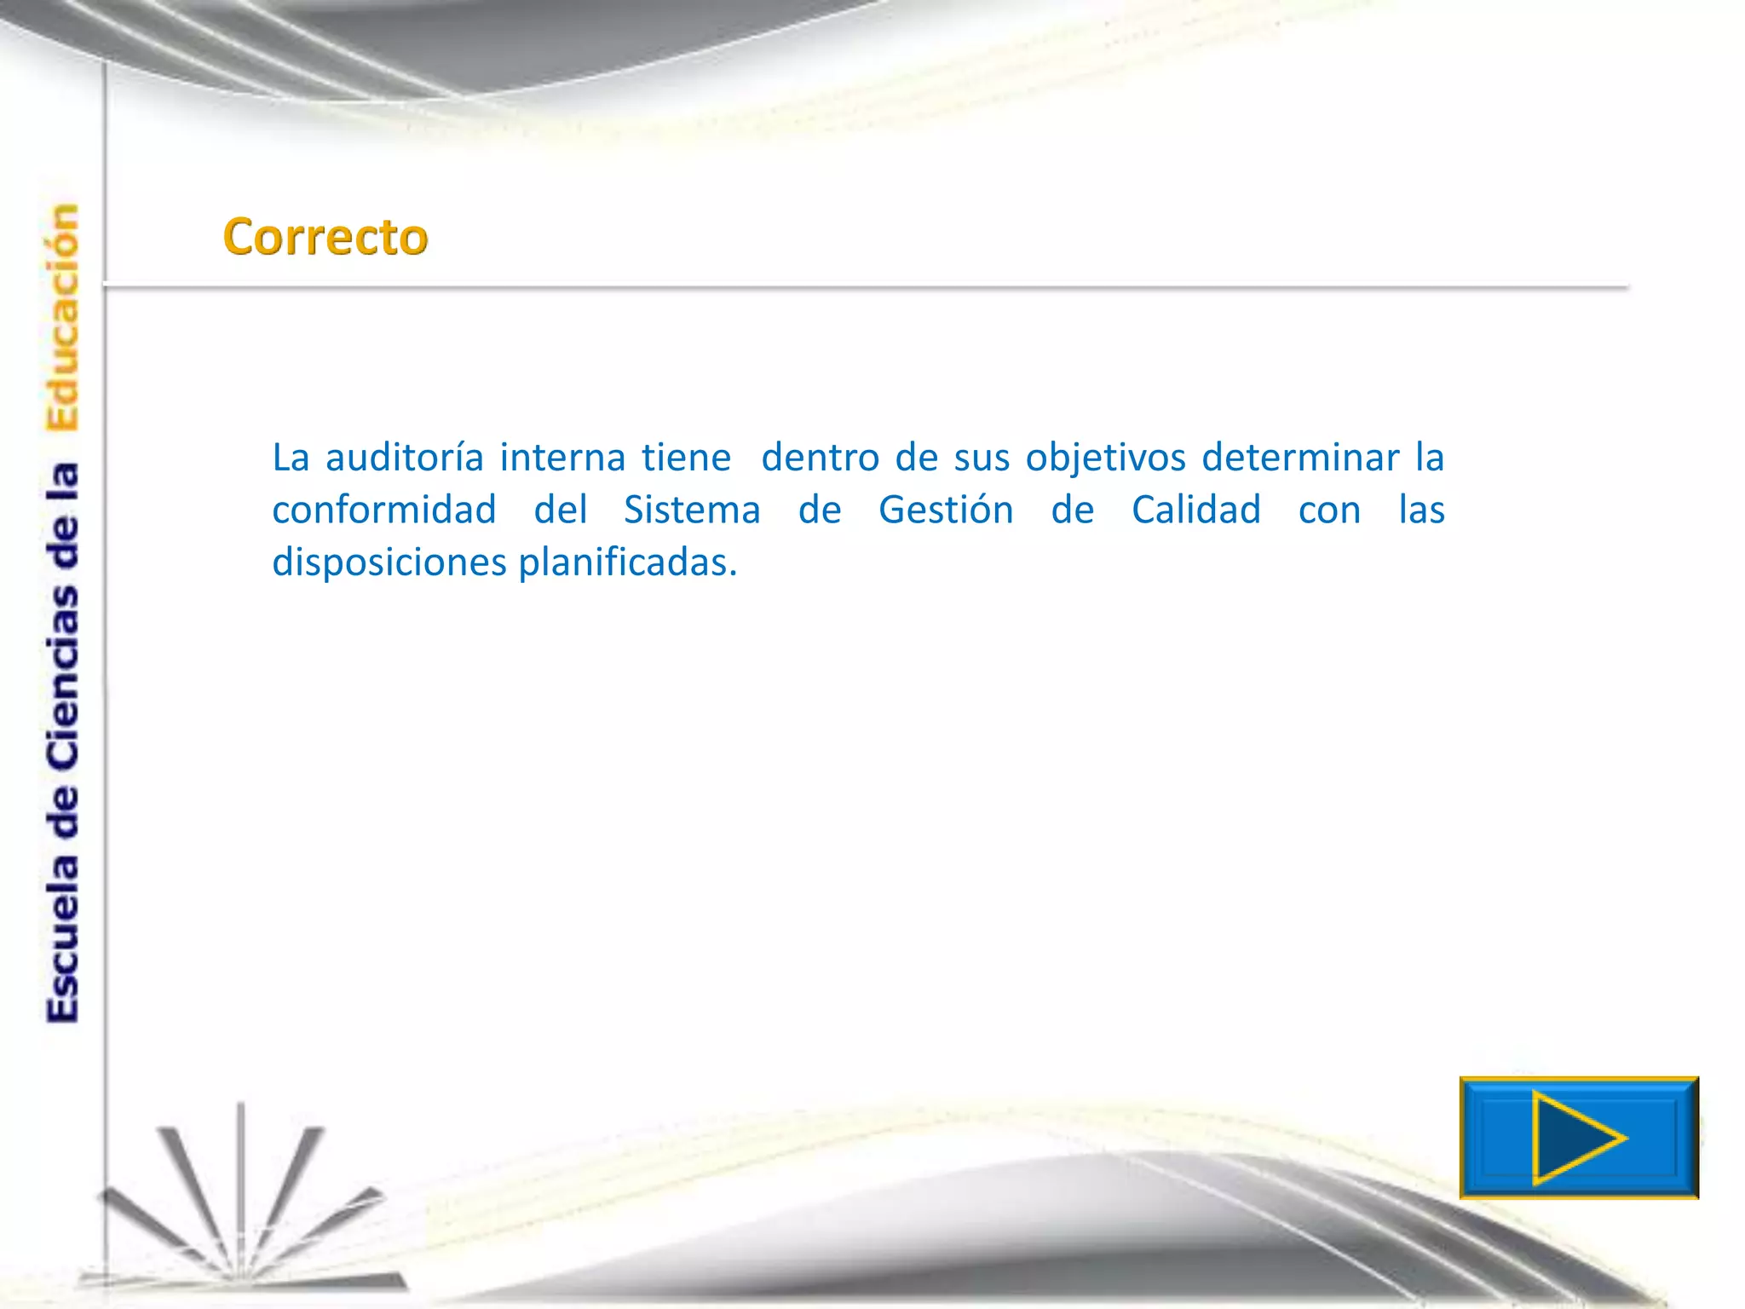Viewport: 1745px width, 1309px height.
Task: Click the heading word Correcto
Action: (325, 237)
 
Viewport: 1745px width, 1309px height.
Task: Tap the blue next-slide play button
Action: (1578, 1138)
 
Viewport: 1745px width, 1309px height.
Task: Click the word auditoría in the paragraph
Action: (405, 458)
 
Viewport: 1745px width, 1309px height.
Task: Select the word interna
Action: (562, 458)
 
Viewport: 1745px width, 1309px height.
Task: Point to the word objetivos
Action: (1105, 458)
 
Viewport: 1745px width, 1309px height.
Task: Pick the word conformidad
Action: (384, 510)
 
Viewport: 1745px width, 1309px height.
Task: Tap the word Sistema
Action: (692, 510)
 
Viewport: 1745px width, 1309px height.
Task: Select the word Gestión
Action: (946, 510)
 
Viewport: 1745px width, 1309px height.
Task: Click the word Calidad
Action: (1196, 510)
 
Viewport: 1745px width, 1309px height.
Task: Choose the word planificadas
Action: (627, 562)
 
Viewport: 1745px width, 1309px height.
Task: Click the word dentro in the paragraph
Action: (820, 458)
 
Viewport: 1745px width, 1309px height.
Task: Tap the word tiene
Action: (686, 458)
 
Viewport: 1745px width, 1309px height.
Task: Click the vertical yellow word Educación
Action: (63, 317)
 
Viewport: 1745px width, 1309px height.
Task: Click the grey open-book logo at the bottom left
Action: (243, 1210)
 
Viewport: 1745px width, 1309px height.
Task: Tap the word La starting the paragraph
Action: (291, 458)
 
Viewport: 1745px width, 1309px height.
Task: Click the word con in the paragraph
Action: (1329, 510)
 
